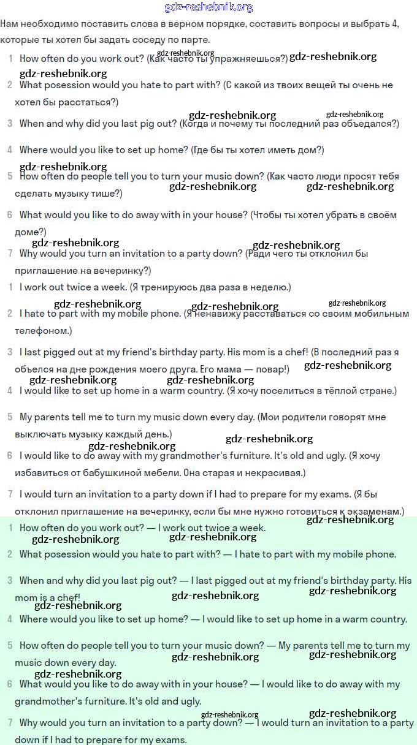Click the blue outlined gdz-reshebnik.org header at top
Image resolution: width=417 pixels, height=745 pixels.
[x=208, y=7]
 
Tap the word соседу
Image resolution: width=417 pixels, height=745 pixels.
[x=140, y=40]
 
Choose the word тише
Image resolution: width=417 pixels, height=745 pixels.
[x=109, y=194]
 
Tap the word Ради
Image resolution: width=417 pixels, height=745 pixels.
[x=260, y=253]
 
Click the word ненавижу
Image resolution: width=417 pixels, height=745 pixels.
[x=220, y=313]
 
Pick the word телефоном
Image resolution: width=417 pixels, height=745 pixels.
[x=42, y=330]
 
